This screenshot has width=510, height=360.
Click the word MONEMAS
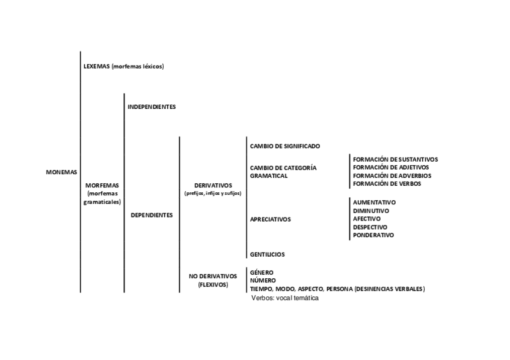(x=61, y=172)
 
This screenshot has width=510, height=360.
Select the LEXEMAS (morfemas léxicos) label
(x=123, y=66)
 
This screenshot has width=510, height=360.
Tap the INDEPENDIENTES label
(x=152, y=107)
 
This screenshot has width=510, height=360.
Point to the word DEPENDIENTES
(x=152, y=215)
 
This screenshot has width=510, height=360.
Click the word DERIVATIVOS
(x=213, y=185)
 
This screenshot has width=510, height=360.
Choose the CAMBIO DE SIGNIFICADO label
(x=284, y=146)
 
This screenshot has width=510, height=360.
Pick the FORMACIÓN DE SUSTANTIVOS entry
(x=395, y=159)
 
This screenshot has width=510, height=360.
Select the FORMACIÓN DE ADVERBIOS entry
(x=392, y=175)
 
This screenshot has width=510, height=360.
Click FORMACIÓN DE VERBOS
(x=387, y=184)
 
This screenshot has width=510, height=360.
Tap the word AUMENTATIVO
(x=374, y=203)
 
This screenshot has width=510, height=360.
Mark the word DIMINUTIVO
(x=371, y=211)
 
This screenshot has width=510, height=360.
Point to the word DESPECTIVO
(x=370, y=227)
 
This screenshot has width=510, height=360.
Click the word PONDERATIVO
(x=373, y=236)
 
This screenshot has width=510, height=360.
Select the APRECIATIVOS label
(x=270, y=219)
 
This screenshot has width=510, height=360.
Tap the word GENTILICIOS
(x=267, y=255)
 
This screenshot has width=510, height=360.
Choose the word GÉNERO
(x=261, y=272)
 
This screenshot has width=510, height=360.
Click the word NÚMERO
(x=263, y=281)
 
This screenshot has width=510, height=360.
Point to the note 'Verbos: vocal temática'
(x=285, y=299)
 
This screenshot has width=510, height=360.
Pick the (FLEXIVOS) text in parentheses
(x=213, y=285)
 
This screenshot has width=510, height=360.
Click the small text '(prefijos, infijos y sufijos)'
(x=213, y=194)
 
